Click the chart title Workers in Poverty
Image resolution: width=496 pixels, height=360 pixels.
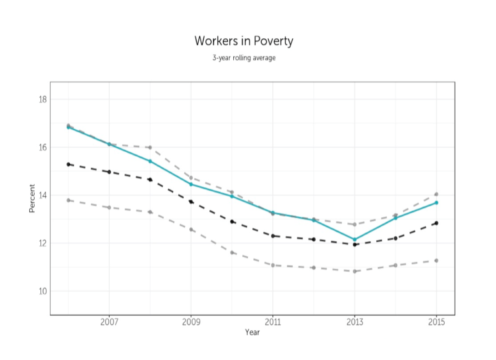click(244, 41)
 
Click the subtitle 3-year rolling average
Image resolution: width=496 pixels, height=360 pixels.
click(244, 58)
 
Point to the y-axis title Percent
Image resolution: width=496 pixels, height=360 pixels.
click(32, 198)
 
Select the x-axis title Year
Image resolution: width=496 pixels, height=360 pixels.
click(252, 332)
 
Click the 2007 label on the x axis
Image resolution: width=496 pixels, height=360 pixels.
click(109, 322)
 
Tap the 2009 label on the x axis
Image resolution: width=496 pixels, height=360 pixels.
click(191, 322)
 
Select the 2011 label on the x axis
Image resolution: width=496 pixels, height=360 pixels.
click(273, 322)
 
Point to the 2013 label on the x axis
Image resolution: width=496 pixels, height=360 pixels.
click(355, 322)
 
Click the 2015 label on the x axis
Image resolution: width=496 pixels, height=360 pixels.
click(436, 322)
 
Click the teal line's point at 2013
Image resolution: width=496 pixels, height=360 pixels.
click(355, 239)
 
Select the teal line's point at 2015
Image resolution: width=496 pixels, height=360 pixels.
click(436, 202)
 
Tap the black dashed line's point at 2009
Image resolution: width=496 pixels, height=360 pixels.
click(191, 202)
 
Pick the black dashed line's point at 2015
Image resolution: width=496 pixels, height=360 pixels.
click(436, 223)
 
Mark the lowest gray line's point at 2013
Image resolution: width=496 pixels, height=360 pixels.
click(355, 271)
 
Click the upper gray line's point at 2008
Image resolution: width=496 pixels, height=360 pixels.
click(150, 147)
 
